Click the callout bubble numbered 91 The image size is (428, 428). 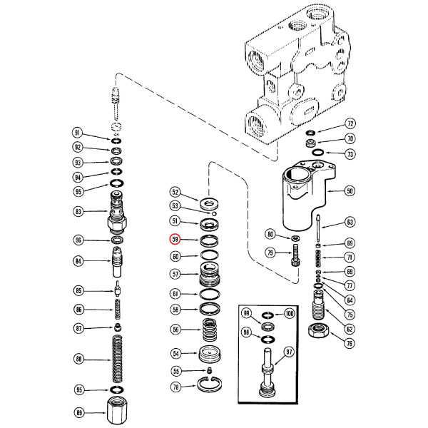pos(78,133)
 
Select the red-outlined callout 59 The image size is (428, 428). pos(175,240)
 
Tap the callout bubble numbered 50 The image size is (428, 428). pos(350,190)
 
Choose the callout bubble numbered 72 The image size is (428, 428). pos(350,123)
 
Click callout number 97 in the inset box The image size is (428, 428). pos(289,352)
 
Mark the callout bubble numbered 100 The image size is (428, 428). pos(288,314)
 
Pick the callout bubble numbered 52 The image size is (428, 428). pos(175,192)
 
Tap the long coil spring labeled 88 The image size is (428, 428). pos(116,359)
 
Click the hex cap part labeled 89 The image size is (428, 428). pos(116,412)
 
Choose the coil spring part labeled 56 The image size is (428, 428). pos(208,330)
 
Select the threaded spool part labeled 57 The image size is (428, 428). pos(208,274)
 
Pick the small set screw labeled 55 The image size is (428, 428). pos(210,370)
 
